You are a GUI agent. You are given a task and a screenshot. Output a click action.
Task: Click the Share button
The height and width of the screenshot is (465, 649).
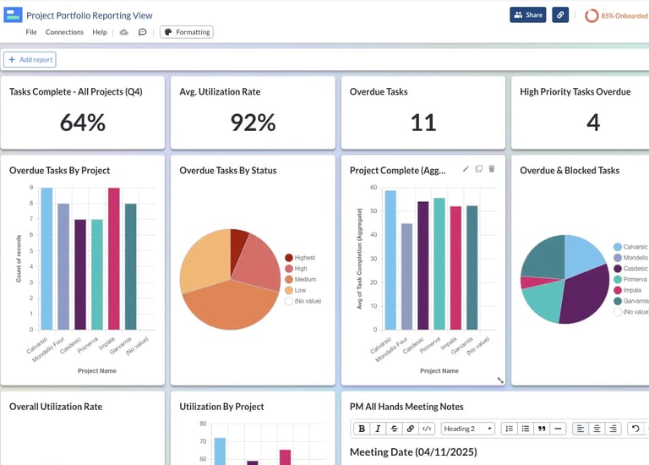pos(527,15)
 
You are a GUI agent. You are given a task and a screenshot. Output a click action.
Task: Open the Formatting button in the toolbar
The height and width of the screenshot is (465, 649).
pos(187,32)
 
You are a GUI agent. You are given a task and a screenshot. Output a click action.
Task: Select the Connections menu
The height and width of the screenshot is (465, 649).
pos(64,32)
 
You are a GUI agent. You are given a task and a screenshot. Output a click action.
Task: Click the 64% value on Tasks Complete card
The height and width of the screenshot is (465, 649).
pos(83,123)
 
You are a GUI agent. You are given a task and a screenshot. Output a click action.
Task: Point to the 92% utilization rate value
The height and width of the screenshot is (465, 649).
pos(254,123)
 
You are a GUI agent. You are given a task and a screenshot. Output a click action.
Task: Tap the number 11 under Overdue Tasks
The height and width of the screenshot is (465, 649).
pos(423,123)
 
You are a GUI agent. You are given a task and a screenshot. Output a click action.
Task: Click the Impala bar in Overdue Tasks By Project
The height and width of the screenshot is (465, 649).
pos(114,259)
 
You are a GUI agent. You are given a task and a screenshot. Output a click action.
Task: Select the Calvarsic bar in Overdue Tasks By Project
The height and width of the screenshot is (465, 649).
pos(46,259)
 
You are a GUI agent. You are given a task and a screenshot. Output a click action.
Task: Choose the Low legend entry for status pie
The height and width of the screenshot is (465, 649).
pos(299,290)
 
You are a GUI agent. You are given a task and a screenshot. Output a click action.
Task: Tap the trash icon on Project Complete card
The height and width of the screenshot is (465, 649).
pos(492,169)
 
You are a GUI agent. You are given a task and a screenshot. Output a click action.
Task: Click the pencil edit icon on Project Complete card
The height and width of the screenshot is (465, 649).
pos(466,169)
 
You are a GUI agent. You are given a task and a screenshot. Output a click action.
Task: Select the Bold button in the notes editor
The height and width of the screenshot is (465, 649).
pos(362,429)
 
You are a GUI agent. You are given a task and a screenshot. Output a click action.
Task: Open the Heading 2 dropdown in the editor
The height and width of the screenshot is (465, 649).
pos(468,429)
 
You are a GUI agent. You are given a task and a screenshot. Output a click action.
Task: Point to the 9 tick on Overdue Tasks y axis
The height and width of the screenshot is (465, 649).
pos(31,188)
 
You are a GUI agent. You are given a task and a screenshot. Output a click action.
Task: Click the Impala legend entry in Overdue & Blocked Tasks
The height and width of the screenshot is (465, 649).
pos(633,290)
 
